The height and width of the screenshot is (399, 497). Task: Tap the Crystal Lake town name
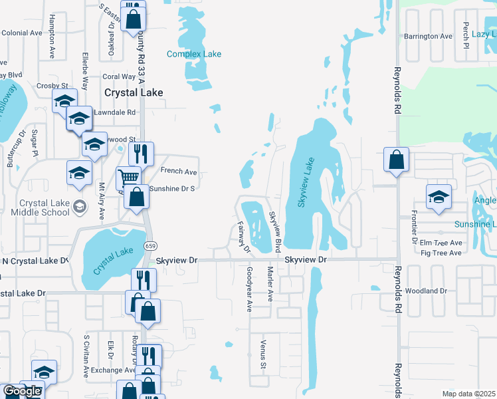pos(134,92)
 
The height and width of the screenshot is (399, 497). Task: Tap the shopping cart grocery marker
pos(128,176)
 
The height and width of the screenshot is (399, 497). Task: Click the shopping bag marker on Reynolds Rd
pos(396,160)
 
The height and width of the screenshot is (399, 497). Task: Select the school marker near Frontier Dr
pos(439,197)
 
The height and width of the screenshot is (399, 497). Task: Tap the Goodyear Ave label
pos(250,289)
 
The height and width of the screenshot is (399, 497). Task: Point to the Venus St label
pos(263,356)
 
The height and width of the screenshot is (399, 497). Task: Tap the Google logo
pos(22,392)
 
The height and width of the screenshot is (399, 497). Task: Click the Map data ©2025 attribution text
pos(468,394)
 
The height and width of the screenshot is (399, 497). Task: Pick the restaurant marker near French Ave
pos(141,154)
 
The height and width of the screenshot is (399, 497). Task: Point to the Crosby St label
pos(52,86)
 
